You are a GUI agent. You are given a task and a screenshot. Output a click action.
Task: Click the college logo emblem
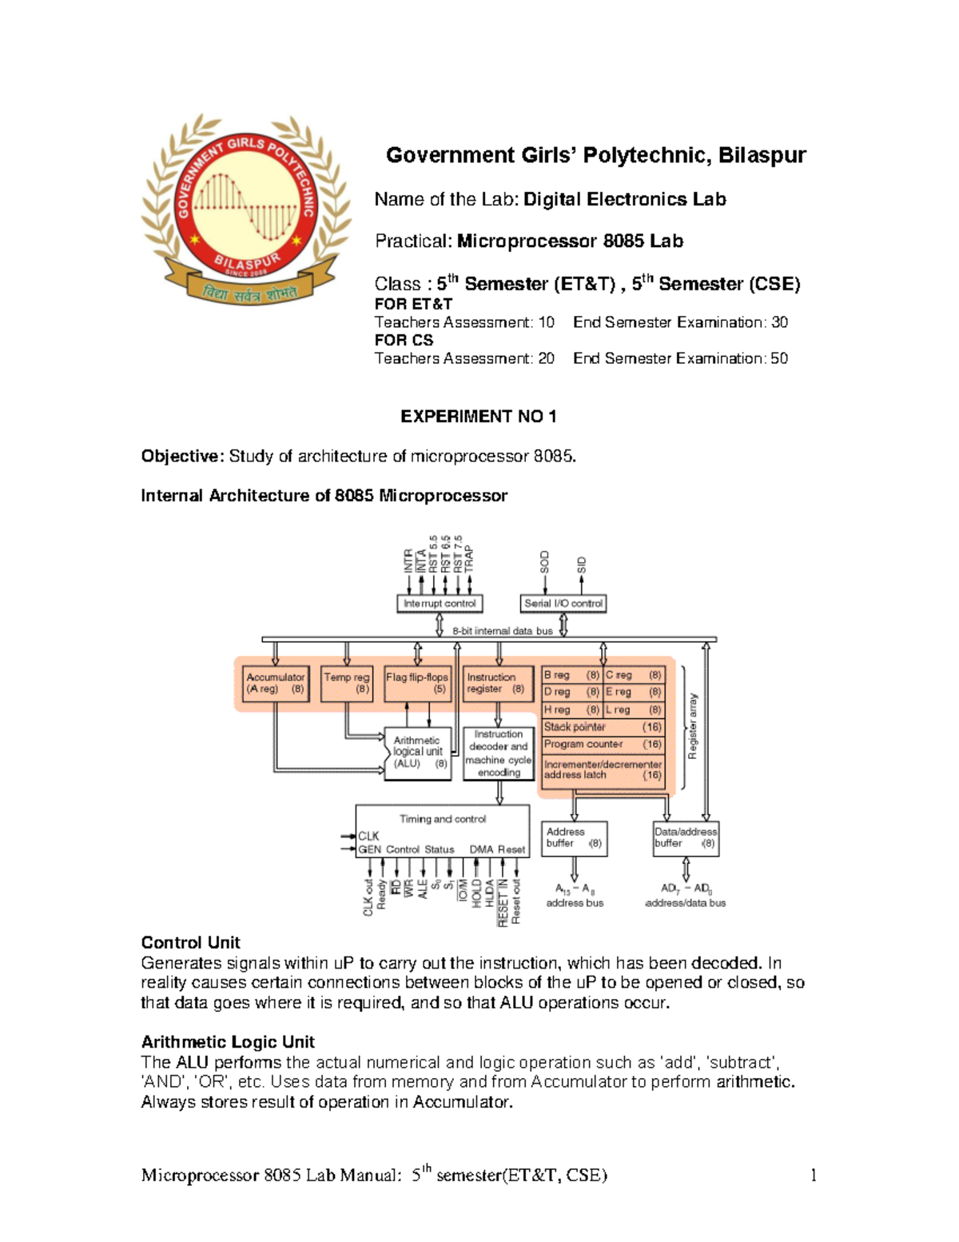[x=246, y=210]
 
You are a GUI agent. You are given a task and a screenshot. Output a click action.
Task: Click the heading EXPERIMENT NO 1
[x=478, y=417]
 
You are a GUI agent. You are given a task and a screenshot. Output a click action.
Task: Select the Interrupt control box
[x=439, y=604]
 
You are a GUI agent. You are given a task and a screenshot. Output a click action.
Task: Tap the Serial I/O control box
[x=563, y=604]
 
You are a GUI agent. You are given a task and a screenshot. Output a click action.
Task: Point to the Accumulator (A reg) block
[x=275, y=684]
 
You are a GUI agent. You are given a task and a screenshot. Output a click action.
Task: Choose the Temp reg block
[x=346, y=684]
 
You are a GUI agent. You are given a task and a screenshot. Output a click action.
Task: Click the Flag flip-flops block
[x=417, y=684]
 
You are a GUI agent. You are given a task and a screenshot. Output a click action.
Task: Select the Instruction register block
[x=497, y=684]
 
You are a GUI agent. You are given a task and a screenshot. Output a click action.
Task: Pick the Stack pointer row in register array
[x=603, y=728]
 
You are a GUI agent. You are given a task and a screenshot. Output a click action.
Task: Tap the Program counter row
[x=603, y=745]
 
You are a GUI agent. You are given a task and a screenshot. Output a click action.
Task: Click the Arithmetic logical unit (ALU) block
[x=417, y=753]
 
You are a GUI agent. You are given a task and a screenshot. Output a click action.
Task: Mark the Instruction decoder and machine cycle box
[x=499, y=753]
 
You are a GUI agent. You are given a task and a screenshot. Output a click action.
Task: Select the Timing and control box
[x=442, y=830]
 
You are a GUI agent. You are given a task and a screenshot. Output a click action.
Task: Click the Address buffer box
[x=574, y=838]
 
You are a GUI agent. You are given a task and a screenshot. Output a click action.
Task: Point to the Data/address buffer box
[x=686, y=838]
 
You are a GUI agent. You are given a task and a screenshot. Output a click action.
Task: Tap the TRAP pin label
[x=469, y=558]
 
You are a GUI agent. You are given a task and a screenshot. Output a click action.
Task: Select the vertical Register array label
[x=693, y=726]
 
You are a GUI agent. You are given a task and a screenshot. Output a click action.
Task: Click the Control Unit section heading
[x=190, y=943]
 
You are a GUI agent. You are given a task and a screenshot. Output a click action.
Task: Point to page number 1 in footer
[x=814, y=1175]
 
